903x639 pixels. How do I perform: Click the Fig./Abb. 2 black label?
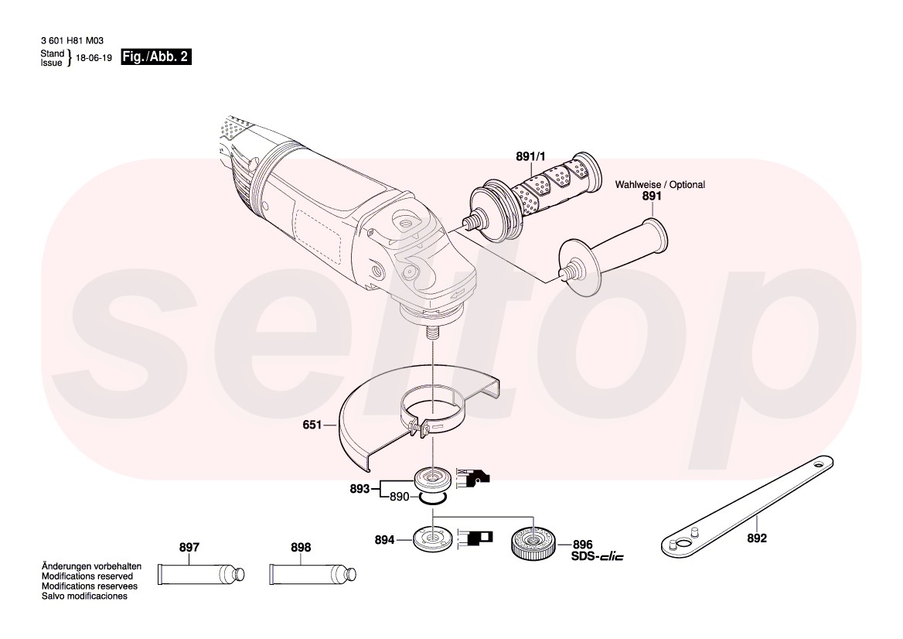[155, 57]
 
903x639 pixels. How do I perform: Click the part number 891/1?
[530, 156]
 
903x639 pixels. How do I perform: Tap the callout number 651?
[312, 425]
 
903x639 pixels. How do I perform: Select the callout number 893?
[359, 489]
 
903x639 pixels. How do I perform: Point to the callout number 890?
[399, 497]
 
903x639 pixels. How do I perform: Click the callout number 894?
[384, 540]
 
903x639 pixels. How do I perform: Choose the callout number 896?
[582, 545]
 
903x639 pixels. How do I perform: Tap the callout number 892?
[757, 538]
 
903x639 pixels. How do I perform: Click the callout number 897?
[189, 548]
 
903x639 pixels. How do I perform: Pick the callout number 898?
[301, 548]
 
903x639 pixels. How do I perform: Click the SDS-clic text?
[597, 556]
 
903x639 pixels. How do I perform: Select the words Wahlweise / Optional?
[660, 184]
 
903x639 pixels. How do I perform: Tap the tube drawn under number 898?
[313, 574]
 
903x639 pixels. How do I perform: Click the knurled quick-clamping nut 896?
[533, 543]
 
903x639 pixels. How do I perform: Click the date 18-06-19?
[94, 58]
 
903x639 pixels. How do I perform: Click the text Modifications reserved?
[87, 576]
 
